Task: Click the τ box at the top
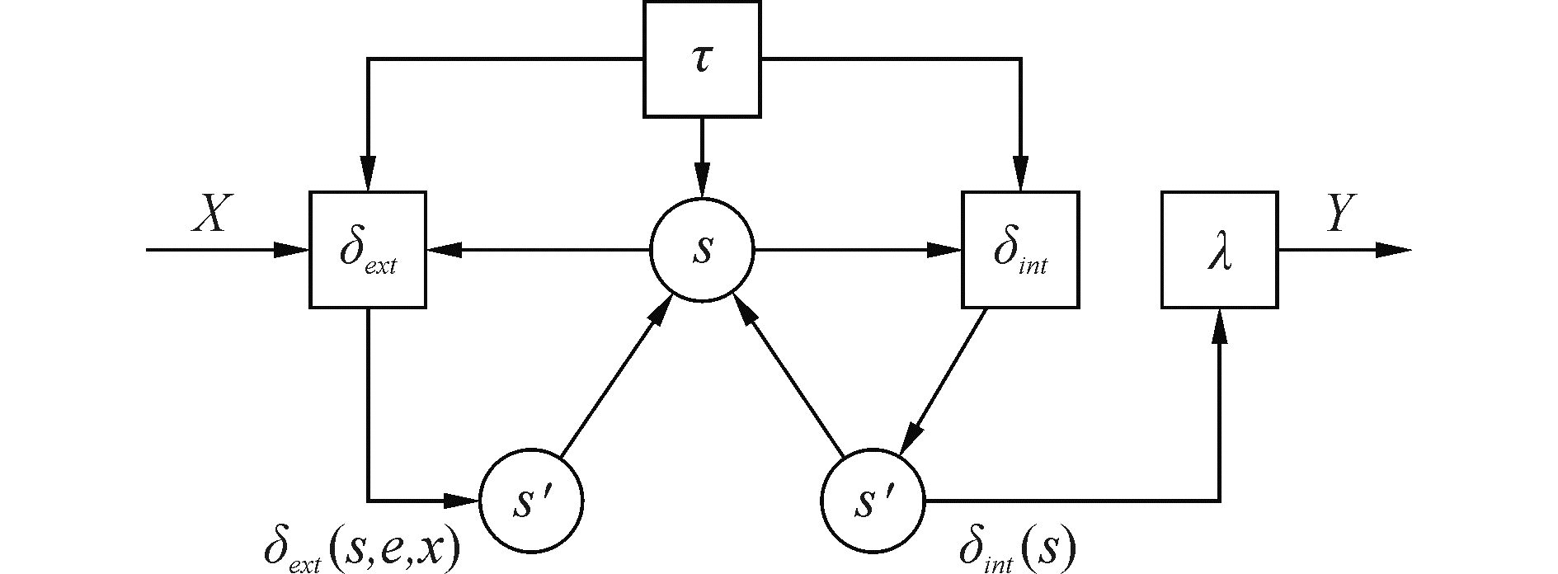click(x=701, y=59)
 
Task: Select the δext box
click(x=368, y=250)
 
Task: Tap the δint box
click(x=1020, y=250)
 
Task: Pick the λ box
click(x=1219, y=250)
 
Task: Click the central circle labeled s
click(x=702, y=250)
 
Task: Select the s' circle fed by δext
click(x=531, y=501)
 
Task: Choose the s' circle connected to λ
click(x=873, y=501)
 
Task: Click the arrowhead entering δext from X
click(x=293, y=250)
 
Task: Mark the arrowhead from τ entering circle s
click(x=701, y=181)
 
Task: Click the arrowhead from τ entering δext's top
click(x=368, y=175)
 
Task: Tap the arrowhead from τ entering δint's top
click(x=1020, y=175)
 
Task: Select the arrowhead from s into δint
click(x=945, y=250)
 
